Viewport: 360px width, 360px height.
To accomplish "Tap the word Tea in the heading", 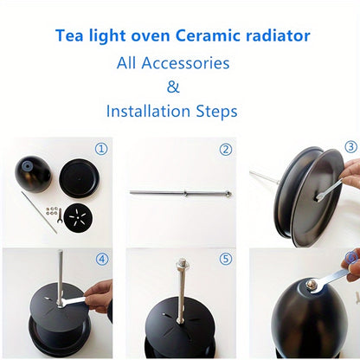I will coord(70,36).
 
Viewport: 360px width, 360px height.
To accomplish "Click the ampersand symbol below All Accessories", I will coord(172,87).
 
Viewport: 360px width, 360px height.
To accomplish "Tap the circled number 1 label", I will coord(101,149).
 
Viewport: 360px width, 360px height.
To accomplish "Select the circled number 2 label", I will coord(225,149).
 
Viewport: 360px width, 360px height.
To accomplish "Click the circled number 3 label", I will coord(350,147).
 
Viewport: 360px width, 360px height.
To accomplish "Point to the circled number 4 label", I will coord(101,258).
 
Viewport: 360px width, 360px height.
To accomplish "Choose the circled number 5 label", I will coord(225,258).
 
